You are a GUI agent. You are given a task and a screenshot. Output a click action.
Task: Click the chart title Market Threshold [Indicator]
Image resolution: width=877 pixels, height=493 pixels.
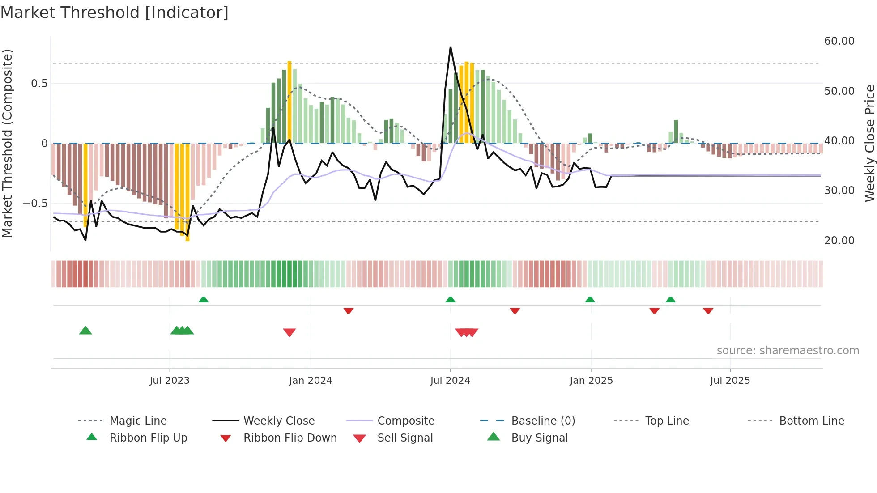115,13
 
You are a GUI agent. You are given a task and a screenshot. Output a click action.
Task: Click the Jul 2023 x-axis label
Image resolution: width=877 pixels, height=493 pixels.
170,381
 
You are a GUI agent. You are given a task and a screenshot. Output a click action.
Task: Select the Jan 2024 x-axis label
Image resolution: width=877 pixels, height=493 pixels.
311,381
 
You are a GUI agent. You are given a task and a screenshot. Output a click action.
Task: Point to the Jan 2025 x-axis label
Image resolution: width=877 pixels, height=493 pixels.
591,381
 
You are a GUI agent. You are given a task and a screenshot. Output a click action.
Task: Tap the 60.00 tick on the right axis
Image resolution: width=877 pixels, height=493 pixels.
839,41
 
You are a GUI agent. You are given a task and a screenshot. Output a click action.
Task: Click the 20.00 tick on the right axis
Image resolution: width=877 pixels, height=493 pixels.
839,241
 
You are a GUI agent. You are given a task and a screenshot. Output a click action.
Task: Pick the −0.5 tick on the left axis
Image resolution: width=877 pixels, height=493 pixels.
35,204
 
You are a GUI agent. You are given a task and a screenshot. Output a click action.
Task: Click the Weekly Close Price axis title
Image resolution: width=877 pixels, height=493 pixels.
869,143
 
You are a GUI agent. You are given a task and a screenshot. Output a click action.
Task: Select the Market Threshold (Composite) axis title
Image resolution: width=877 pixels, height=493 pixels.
7,143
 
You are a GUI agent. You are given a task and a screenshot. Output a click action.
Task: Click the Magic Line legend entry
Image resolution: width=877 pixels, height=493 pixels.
138,421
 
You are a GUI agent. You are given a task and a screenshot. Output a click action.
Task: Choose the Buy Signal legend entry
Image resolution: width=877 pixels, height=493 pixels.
539,438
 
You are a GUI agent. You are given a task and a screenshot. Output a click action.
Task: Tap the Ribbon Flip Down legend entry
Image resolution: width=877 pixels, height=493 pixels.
289,438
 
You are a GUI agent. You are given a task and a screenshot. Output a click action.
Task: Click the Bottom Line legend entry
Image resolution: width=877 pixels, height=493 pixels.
811,421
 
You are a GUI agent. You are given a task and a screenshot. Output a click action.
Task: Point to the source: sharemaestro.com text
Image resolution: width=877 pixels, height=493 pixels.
788,351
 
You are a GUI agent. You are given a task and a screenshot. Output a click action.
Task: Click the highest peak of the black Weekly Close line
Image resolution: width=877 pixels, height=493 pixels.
450,47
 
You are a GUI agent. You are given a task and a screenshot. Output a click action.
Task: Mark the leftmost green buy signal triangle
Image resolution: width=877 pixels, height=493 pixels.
85,331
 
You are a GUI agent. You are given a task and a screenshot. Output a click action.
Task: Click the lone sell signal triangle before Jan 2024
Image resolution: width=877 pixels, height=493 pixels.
289,332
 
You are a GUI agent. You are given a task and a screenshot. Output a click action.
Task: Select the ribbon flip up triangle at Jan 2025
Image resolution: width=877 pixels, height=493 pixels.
590,300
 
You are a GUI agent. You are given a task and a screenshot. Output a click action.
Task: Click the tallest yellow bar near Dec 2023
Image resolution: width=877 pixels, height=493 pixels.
289,102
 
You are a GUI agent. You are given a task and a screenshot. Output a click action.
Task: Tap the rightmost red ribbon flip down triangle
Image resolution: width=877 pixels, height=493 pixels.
708,310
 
